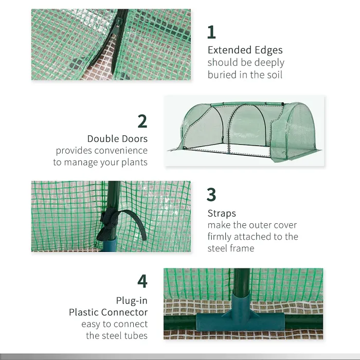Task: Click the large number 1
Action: [x=211, y=32]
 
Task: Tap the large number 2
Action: [x=142, y=121]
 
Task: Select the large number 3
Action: [x=211, y=195]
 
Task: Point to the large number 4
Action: [x=142, y=281]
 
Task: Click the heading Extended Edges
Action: [x=245, y=50]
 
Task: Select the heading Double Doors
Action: [x=117, y=139]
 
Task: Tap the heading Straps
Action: [x=222, y=213]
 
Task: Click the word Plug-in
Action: [x=132, y=300]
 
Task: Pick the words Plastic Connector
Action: [x=109, y=312]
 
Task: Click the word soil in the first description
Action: [x=273, y=75]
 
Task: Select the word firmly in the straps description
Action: [x=220, y=237]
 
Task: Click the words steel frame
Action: [x=231, y=248]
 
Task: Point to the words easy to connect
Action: [x=114, y=324]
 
